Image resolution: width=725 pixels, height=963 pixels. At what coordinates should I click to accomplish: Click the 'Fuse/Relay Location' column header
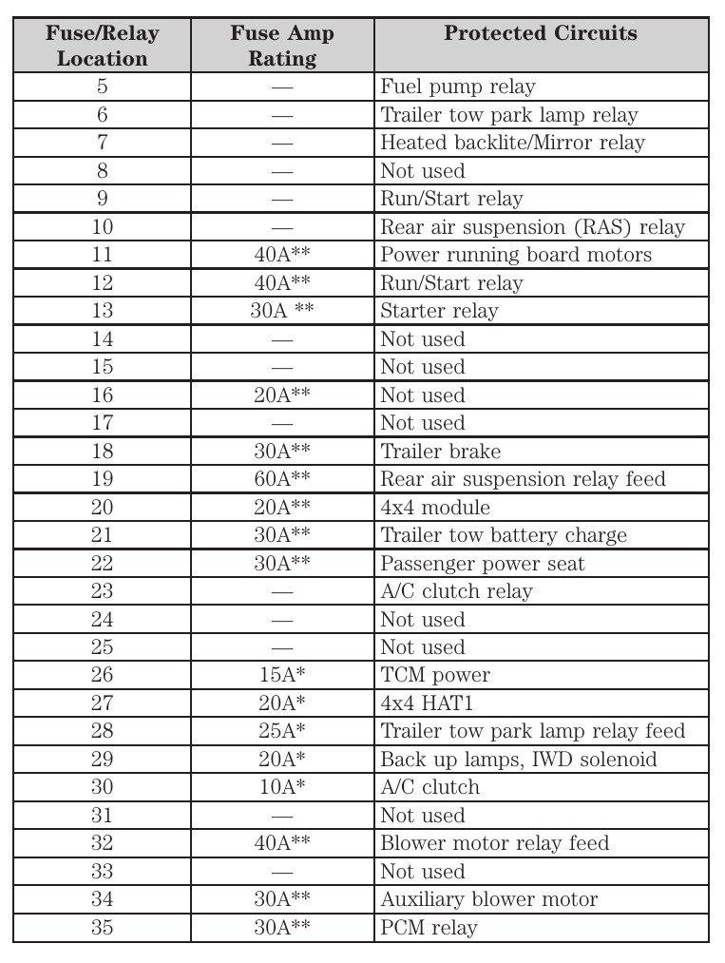102,46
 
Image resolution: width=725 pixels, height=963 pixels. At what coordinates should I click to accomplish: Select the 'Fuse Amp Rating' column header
282,46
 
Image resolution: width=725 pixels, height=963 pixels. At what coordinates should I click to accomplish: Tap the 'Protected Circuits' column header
541,34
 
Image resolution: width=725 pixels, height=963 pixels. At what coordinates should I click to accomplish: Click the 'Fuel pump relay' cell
458,87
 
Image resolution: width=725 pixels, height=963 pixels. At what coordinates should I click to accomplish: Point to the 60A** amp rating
282,479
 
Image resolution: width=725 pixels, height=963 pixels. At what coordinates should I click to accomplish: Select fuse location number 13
102,311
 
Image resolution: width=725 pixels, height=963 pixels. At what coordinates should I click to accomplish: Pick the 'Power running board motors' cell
516,255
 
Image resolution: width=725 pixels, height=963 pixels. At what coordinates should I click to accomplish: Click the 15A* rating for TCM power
282,675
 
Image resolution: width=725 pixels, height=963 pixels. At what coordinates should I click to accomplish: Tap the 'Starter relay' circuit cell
439,311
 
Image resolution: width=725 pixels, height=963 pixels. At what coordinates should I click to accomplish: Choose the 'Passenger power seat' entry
483,564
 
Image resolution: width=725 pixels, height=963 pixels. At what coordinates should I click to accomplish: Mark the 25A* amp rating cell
282,731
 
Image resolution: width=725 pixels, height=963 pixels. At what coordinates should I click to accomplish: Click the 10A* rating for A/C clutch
282,787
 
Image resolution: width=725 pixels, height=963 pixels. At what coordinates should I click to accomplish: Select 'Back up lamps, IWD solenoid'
519,760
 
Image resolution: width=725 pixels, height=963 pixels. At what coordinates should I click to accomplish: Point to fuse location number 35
102,927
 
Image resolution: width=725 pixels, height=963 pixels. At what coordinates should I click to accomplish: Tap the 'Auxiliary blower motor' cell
489,899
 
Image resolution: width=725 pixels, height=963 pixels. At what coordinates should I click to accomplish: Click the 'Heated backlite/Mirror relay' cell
512,144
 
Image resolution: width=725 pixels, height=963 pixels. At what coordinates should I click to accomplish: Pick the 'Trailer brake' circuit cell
441,452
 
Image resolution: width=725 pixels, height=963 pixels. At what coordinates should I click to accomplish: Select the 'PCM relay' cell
429,927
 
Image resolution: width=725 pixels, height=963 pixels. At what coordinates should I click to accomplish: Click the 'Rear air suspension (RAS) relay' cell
532,227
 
